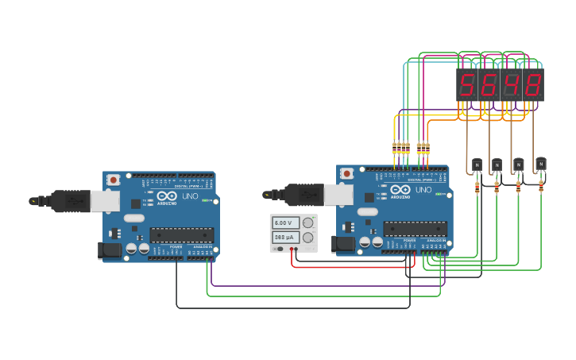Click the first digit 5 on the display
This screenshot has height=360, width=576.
click(467, 84)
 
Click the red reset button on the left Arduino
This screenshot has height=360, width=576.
click(114, 180)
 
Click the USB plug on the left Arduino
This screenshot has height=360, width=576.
click(72, 201)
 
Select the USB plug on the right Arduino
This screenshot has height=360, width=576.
click(305, 194)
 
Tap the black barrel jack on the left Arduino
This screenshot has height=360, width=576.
click(110, 251)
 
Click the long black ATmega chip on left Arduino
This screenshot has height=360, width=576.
click(182, 234)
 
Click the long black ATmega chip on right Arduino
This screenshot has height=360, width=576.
click(415, 229)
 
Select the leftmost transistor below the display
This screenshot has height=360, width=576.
click(477, 165)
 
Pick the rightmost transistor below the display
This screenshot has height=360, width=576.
click(541, 164)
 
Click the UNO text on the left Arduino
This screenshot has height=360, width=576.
click(191, 195)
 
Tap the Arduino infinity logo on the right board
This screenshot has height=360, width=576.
click(400, 191)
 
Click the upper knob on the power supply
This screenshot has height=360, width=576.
click(307, 223)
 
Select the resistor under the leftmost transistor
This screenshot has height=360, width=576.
click(477, 188)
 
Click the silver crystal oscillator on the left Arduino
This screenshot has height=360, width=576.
click(133, 217)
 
